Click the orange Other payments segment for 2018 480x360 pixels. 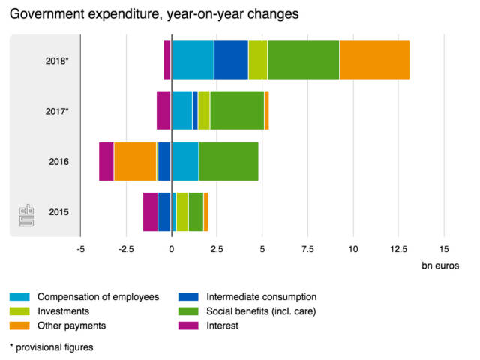pyautogui.click(x=374, y=60)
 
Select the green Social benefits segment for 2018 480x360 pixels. pyautogui.click(x=303, y=60)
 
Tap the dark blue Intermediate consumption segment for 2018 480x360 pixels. pyautogui.click(x=231, y=60)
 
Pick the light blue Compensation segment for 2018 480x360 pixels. pyautogui.click(x=193, y=60)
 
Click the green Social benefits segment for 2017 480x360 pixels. pyautogui.click(x=237, y=110)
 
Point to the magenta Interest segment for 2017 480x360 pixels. pyautogui.click(x=163, y=110)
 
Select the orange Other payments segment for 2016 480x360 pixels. pyautogui.click(x=135, y=161)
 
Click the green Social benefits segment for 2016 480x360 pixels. pyautogui.click(x=229, y=161)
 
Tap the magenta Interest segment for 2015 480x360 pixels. pyautogui.click(x=150, y=211)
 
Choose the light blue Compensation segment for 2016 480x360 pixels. pyautogui.click(x=185, y=161)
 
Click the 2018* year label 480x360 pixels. pyautogui.click(x=57, y=60)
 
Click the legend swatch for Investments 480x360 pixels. pyautogui.click(x=21, y=311)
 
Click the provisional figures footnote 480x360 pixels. pyautogui.click(x=51, y=346)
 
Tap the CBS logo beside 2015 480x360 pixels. pyautogui.click(x=26, y=216)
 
